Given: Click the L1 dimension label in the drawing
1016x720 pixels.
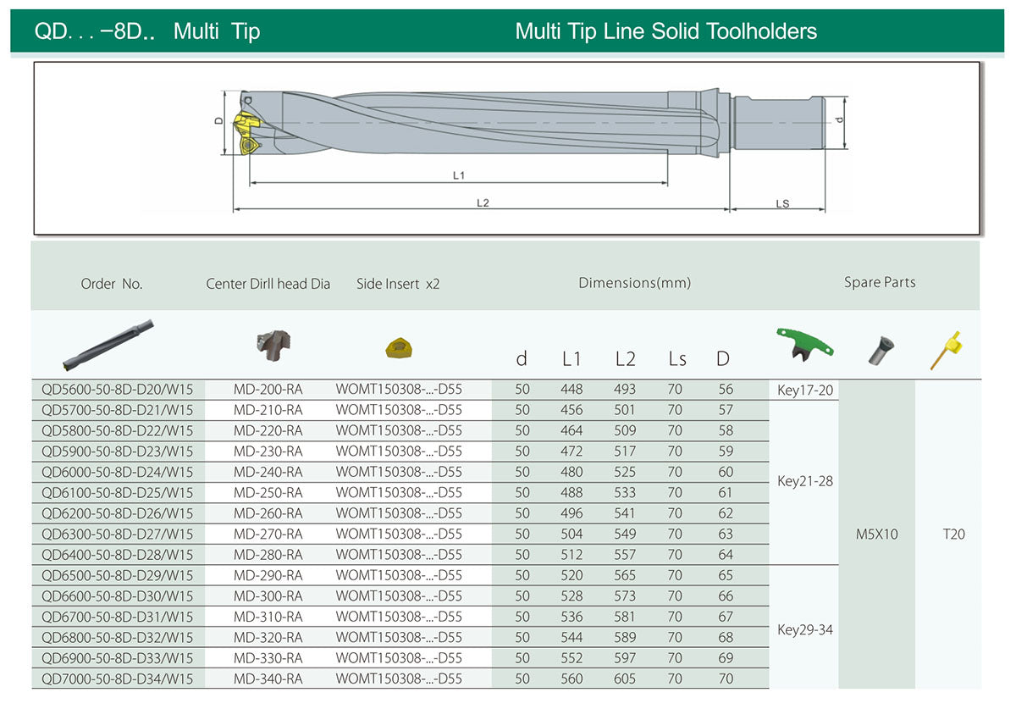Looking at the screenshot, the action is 459,175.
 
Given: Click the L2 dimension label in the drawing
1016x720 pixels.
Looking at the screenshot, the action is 483,202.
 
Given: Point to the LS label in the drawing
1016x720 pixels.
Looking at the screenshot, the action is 782,203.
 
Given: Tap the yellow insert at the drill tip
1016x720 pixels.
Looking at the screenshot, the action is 247,133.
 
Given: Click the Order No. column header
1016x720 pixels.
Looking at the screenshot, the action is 112,284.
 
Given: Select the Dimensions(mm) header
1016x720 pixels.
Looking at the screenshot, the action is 634,283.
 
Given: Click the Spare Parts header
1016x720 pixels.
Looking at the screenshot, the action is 880,282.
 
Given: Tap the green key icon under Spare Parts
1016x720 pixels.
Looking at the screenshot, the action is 804,345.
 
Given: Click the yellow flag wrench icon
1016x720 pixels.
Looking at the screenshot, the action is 947,350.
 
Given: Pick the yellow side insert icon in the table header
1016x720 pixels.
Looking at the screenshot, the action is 399,348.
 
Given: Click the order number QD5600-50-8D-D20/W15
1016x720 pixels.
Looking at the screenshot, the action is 117,390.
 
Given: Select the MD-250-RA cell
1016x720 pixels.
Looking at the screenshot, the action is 268,493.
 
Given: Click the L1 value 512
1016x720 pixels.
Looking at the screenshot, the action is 571,555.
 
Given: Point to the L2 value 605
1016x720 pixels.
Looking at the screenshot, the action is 625,678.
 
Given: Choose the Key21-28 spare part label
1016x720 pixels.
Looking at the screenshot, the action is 805,481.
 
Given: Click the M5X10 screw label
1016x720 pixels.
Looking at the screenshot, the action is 877,534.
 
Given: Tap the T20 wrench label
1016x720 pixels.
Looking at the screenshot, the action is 954,534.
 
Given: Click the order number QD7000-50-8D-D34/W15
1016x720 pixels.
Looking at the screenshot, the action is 117,678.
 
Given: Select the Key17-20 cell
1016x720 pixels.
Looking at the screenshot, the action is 805,390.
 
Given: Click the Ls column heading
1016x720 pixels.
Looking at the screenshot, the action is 677,359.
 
